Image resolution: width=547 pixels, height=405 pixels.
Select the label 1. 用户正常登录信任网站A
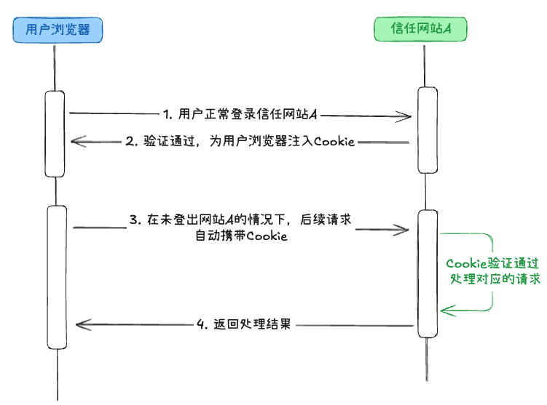(x=241, y=114)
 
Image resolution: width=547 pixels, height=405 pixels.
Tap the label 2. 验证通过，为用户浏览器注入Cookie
(x=240, y=142)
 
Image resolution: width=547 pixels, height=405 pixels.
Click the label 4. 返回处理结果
(x=244, y=324)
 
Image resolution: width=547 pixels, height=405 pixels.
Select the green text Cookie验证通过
(x=492, y=263)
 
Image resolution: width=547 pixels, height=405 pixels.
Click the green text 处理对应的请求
(x=493, y=278)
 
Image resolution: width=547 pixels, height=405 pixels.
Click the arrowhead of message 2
(x=76, y=142)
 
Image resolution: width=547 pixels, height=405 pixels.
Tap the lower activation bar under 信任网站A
(x=428, y=273)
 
